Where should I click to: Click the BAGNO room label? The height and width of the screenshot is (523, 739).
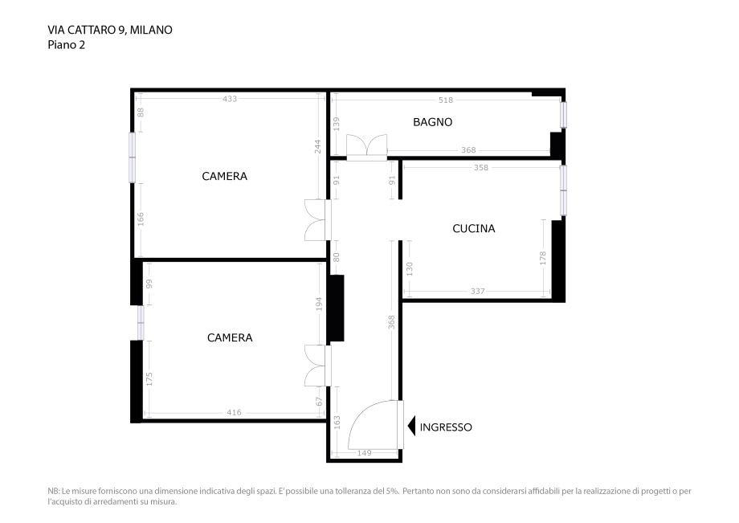pyautogui.click(x=432, y=122)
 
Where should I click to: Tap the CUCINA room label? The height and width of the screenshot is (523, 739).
pyautogui.click(x=473, y=228)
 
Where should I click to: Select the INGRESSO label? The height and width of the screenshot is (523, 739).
pyautogui.click(x=446, y=427)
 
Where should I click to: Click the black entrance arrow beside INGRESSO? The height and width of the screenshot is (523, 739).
pyautogui.click(x=411, y=427)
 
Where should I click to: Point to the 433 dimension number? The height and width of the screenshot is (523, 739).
pyautogui.click(x=230, y=99)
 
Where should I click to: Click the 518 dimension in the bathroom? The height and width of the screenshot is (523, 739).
pyautogui.click(x=447, y=100)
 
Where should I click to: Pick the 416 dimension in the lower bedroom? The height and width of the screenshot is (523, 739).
pyautogui.click(x=234, y=413)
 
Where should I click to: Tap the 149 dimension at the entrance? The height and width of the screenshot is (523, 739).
pyautogui.click(x=364, y=453)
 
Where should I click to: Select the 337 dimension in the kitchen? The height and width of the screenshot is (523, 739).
pyautogui.click(x=478, y=292)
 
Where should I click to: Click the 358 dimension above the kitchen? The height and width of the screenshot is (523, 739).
pyautogui.click(x=481, y=168)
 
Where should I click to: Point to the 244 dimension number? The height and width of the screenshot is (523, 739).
pyautogui.click(x=317, y=146)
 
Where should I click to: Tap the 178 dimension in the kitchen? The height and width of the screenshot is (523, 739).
pyautogui.click(x=543, y=259)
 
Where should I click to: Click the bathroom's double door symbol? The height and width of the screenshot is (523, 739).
pyautogui.click(x=366, y=147)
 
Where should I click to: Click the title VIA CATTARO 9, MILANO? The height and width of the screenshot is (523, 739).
pyautogui.click(x=110, y=30)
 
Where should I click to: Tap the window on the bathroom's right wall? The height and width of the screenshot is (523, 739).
pyautogui.click(x=563, y=115)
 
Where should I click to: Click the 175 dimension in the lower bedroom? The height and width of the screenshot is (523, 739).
pyautogui.click(x=149, y=378)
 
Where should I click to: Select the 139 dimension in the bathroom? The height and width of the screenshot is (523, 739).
pyautogui.click(x=337, y=124)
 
